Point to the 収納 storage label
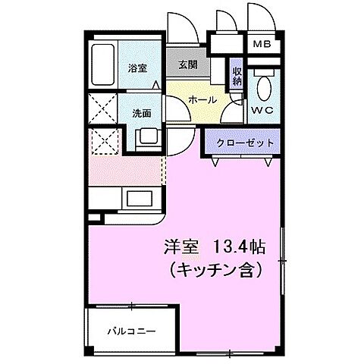click(236, 74)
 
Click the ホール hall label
click(202, 99)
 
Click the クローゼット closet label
click(240, 143)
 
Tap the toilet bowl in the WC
click(263, 86)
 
